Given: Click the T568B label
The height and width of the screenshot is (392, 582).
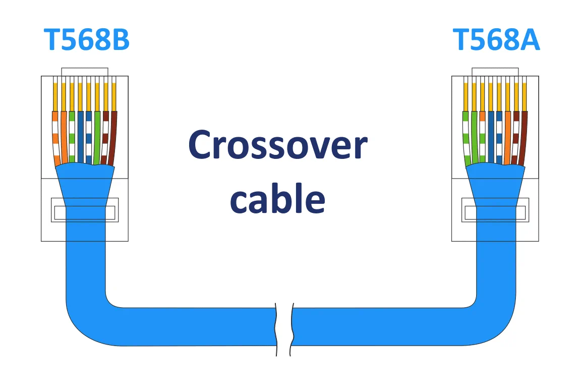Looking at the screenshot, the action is click(x=86, y=40).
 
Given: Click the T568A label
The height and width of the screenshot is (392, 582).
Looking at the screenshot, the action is click(x=496, y=40).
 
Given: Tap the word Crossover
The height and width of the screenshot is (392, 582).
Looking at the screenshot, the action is click(x=278, y=145).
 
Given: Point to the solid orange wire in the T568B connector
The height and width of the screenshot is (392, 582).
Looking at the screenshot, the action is click(x=64, y=137).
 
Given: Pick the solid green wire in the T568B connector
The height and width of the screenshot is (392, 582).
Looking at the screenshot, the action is click(x=97, y=137).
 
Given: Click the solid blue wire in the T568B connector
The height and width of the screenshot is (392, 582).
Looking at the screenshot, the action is click(x=81, y=137).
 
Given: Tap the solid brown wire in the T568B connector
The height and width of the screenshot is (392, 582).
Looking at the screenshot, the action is click(x=113, y=137).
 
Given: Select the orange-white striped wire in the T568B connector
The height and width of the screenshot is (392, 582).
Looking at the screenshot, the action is click(x=55, y=137).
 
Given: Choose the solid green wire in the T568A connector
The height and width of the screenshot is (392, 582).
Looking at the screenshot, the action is click(x=475, y=137).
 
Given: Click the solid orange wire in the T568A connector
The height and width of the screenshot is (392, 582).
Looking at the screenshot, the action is click(x=508, y=137).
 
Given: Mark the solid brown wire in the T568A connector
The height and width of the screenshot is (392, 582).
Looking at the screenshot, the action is click(x=523, y=137).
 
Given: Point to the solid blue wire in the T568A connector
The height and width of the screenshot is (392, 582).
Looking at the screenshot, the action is click(x=491, y=137).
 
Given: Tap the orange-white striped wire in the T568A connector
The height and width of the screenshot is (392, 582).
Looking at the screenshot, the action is click(x=483, y=137).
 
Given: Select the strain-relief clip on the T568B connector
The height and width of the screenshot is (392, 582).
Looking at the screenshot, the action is click(x=85, y=210).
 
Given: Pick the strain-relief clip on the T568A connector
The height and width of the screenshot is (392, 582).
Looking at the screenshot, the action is click(x=495, y=210).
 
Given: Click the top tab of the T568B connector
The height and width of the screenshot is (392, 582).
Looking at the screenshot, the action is click(x=85, y=72).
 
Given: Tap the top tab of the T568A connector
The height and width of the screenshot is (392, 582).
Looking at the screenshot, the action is click(x=495, y=72).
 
